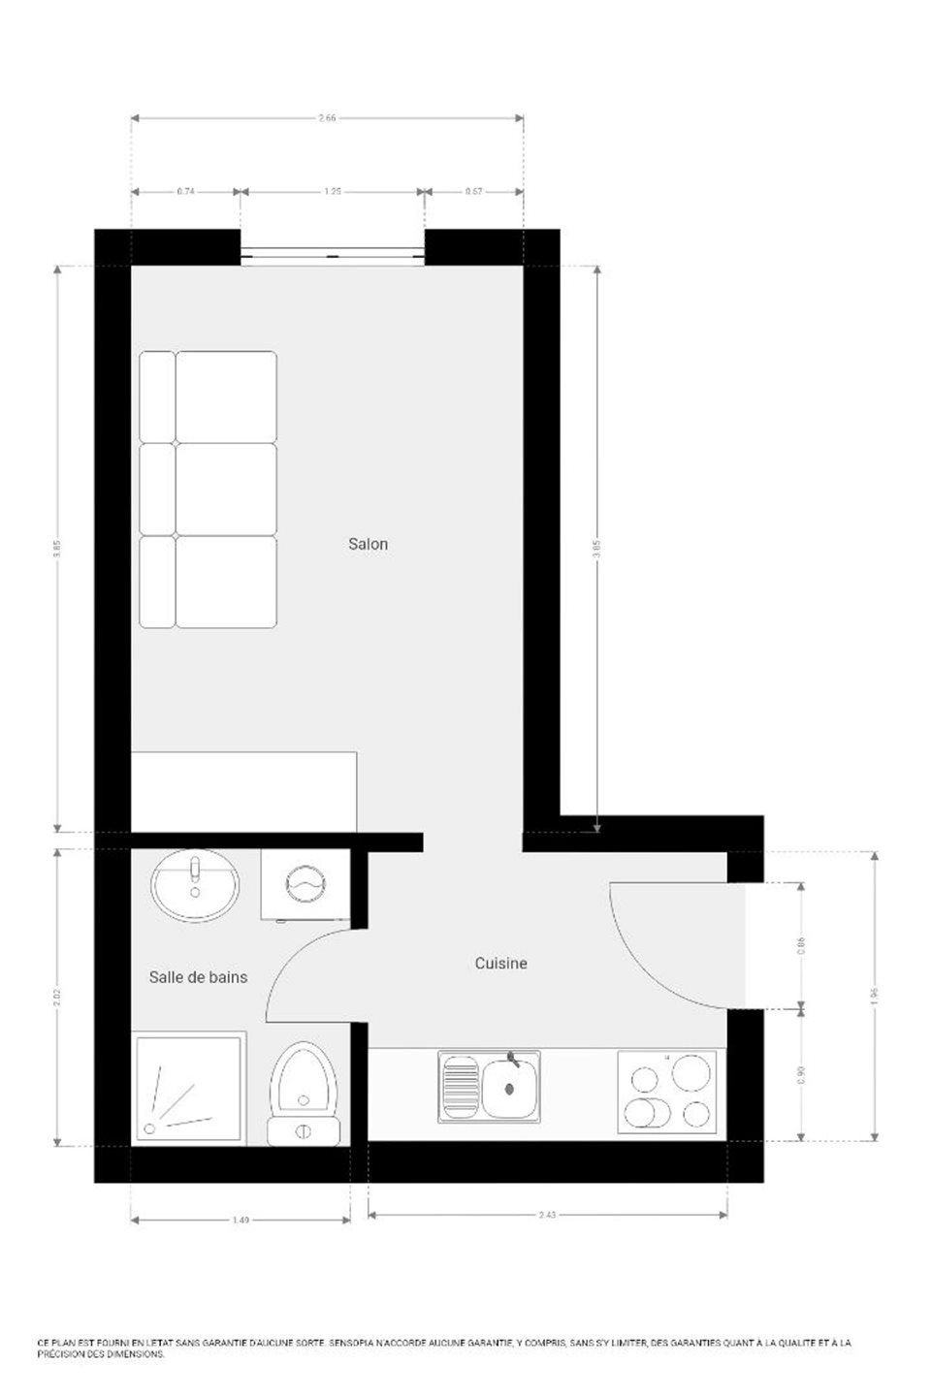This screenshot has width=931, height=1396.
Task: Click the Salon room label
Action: click(x=368, y=544)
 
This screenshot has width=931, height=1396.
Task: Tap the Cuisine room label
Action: click(x=500, y=963)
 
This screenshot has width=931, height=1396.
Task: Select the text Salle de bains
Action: click(x=198, y=976)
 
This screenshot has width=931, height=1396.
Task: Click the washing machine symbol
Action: click(x=307, y=883)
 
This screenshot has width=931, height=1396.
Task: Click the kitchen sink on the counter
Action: click(x=489, y=1087)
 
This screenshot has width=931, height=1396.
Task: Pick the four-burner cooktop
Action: click(x=670, y=1090)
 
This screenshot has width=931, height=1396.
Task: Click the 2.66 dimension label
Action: click(x=327, y=118)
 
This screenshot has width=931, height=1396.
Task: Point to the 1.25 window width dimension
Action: click(x=332, y=192)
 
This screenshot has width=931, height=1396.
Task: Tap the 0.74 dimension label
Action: click(x=185, y=192)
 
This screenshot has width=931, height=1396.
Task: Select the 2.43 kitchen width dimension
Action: click(x=547, y=1215)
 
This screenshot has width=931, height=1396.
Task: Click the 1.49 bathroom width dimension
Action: click(x=241, y=1220)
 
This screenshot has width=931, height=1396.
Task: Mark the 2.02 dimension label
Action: click(x=58, y=997)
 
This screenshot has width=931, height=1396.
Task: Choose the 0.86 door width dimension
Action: click(x=801, y=944)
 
